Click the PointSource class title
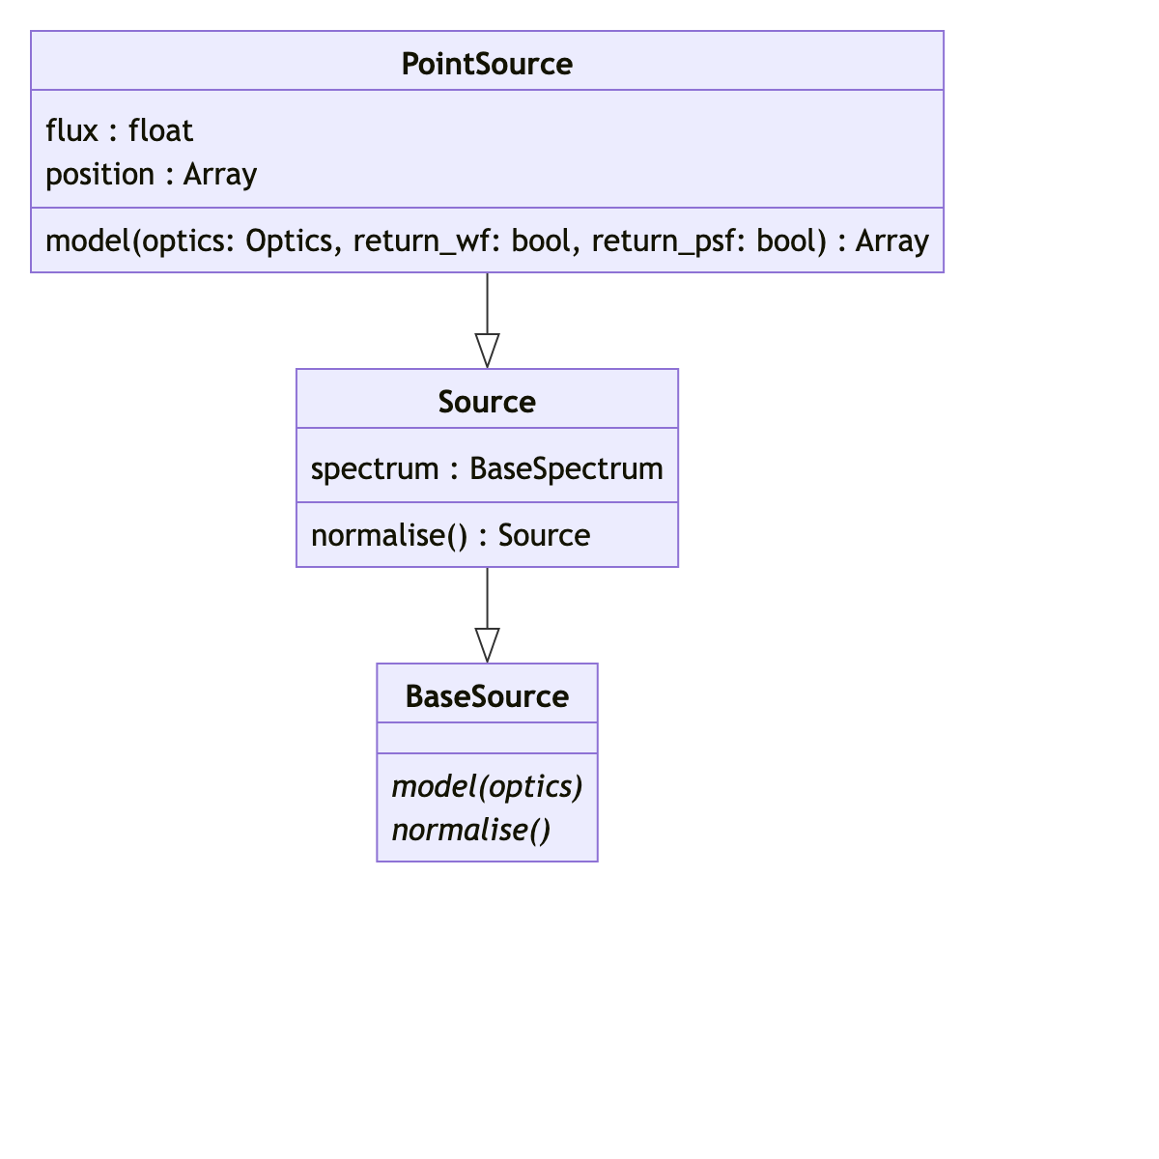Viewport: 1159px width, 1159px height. click(487, 64)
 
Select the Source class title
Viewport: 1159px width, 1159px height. click(487, 402)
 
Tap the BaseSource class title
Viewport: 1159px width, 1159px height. click(487, 696)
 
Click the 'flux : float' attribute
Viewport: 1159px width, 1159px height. click(119, 130)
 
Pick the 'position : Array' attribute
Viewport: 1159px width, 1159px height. click(151, 174)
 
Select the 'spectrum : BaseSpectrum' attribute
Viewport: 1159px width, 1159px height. click(487, 468)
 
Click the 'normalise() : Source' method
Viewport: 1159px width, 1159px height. click(450, 535)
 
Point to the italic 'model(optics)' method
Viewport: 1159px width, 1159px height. click(487, 786)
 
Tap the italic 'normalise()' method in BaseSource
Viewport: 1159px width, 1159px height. click(470, 830)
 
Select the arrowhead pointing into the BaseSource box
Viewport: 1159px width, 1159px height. click(487, 644)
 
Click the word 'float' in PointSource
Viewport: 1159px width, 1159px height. click(160, 130)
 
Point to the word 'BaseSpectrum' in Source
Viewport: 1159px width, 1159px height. click(566, 468)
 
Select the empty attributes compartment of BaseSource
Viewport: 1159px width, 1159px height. click(487, 738)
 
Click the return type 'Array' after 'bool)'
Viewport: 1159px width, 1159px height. click(892, 240)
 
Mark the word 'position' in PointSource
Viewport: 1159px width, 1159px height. click(99, 174)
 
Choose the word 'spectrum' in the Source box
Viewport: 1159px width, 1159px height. click(375, 468)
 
